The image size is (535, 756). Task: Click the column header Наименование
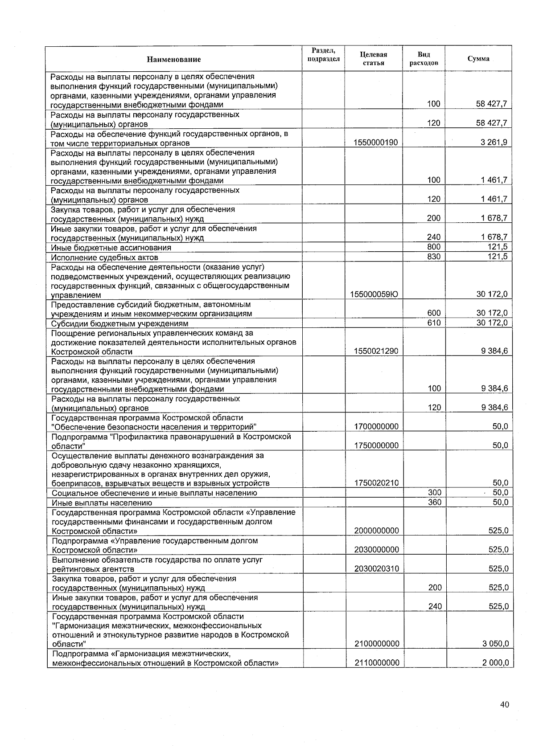coord(174,59)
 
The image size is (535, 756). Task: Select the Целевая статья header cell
coord(373,59)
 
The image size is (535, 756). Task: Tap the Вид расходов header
coord(424,59)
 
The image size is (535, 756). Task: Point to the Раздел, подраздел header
coord(324,55)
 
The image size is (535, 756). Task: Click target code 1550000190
coord(375,143)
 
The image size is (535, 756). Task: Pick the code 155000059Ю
coord(375,294)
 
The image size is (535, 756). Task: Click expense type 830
coord(433,257)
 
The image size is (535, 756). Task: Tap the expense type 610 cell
coord(433,323)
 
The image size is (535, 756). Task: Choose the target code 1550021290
coord(376,351)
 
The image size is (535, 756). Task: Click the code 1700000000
coord(376,427)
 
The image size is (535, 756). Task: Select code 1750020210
coord(376,483)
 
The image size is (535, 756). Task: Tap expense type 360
coord(434,503)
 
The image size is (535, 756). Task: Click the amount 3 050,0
coord(495,644)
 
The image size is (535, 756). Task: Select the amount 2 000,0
coord(495,663)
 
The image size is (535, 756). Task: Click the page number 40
coord(504,704)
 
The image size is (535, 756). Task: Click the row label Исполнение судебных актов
coord(105,257)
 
